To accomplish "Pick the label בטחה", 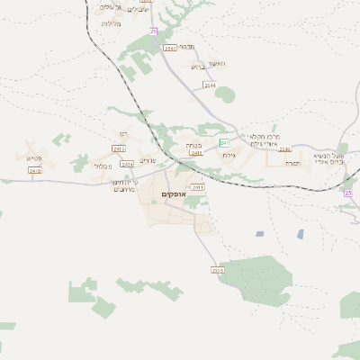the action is [x=192, y=143].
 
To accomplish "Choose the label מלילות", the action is [x=112, y=22].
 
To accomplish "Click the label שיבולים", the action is [x=138, y=9].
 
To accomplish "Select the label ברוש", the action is [x=197, y=67].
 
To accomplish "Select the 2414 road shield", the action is [x=127, y=164].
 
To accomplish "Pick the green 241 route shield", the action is [x=224, y=143].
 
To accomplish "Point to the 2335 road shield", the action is [x=217, y=270].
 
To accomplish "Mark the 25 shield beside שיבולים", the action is [x=154, y=31].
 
